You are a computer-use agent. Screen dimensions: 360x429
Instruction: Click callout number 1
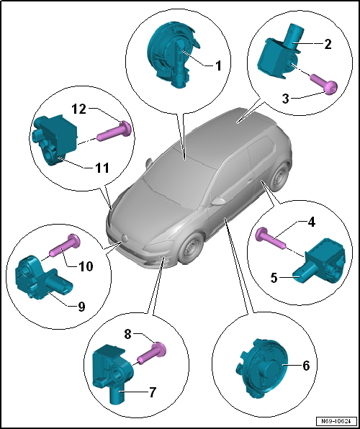(218, 66)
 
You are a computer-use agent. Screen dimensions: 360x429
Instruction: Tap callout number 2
(327, 44)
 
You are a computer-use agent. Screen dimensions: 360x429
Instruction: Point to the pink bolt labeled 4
(271, 238)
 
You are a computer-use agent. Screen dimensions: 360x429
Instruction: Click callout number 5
(274, 279)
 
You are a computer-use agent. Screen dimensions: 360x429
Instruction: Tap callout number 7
(153, 392)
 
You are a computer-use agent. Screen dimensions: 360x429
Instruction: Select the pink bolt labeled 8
(152, 353)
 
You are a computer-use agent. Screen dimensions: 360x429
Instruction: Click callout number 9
(81, 307)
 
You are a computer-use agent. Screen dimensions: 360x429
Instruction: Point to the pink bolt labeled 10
(65, 245)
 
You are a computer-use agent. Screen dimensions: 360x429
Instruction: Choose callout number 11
(101, 168)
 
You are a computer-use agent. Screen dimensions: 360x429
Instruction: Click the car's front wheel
(191, 248)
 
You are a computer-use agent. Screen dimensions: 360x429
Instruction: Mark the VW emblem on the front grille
(125, 238)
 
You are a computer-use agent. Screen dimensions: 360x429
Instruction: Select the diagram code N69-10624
(336, 420)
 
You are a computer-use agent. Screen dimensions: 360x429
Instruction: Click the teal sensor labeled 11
(55, 138)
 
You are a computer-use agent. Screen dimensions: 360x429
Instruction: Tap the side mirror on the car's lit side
(218, 202)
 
